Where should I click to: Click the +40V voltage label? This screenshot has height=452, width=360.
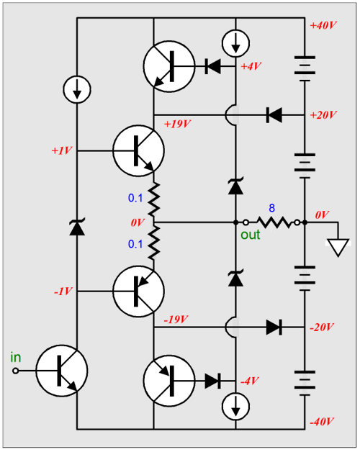click(x=323, y=25)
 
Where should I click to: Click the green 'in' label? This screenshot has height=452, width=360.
click(x=17, y=356)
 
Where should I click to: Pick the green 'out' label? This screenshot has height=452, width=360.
click(x=250, y=234)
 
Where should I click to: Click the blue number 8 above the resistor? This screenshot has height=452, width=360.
click(x=271, y=207)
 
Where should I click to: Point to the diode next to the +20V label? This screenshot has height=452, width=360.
click(x=274, y=114)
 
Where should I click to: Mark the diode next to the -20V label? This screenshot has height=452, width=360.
click(x=274, y=327)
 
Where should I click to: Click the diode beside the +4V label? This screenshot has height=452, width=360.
click(x=212, y=67)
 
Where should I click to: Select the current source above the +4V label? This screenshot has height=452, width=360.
click(x=235, y=42)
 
